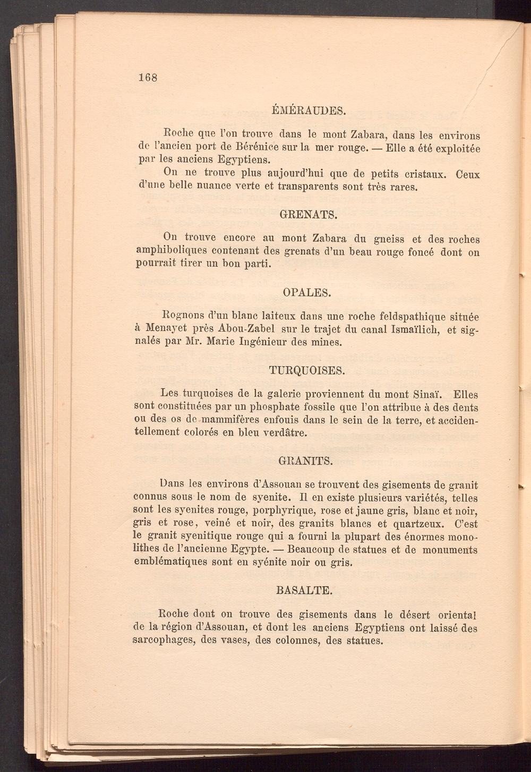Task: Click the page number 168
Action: click(147, 77)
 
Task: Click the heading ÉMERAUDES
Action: click(309, 111)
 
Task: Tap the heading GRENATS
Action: click(308, 215)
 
